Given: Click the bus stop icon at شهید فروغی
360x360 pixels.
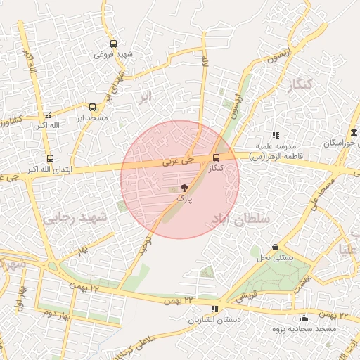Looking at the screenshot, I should (x=114, y=44).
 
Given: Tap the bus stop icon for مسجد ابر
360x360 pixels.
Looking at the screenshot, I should (x=92, y=108).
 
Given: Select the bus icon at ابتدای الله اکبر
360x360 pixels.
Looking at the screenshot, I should (x=49, y=159).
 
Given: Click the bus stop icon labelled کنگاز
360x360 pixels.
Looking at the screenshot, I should (x=216, y=157).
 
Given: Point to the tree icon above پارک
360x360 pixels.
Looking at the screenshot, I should (x=184, y=188).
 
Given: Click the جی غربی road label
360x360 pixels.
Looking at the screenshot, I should (x=178, y=160).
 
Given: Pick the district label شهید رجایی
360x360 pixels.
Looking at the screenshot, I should (x=77, y=219).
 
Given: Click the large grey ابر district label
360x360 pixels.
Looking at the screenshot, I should (x=145, y=97).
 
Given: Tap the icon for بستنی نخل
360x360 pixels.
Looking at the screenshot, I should (x=274, y=247).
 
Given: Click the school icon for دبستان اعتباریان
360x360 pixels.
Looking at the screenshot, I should (x=214, y=309).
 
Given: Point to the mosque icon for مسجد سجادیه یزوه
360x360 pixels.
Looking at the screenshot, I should (x=303, y=318).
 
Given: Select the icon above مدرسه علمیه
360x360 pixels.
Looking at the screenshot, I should (x=276, y=134).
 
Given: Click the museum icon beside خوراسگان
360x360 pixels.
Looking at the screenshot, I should (x=352, y=134).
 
